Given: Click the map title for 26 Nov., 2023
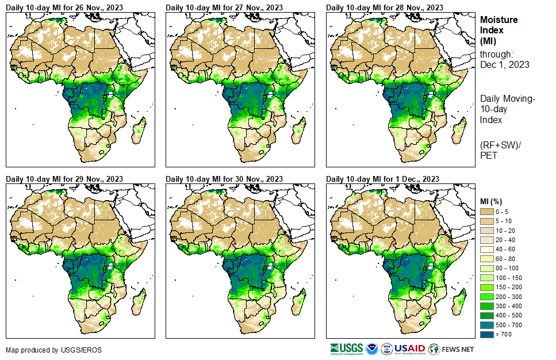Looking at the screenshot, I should [64, 7].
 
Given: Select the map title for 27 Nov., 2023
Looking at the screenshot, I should [224, 7].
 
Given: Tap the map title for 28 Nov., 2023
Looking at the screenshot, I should [385, 7].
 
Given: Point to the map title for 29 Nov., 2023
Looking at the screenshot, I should [64, 179].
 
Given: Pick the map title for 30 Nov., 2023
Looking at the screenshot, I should [224, 179].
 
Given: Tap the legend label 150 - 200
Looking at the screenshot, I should [507, 286].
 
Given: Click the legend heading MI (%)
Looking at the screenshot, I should [493, 201].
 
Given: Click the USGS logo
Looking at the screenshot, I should [346, 349].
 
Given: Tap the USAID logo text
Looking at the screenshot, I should [410, 349].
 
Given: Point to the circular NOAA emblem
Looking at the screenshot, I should [371, 349].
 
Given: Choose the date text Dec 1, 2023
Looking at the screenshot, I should [504, 64].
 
